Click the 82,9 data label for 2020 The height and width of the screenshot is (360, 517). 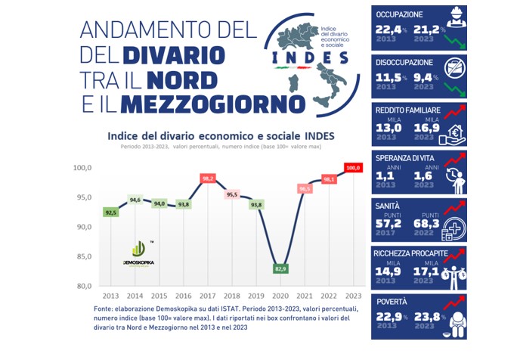[280, 268]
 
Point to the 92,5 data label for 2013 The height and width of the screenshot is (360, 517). [110, 213]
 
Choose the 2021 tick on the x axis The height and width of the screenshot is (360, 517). [305, 296]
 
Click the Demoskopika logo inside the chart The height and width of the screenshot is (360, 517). [138, 253]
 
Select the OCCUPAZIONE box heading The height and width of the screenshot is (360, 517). [405, 14]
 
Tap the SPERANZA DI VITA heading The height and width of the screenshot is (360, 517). [411, 157]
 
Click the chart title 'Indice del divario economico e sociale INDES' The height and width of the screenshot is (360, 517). [221, 135]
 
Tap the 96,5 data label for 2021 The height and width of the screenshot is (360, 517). [305, 189]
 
